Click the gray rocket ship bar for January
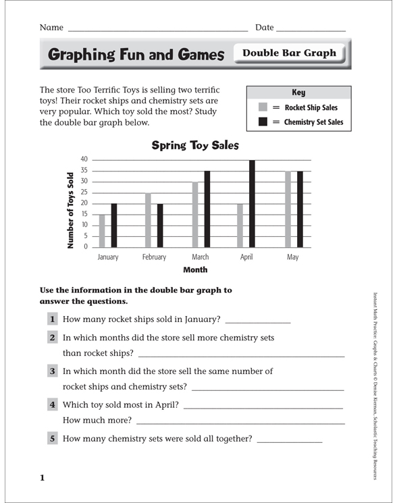102,231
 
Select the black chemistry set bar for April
252,204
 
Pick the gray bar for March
195,215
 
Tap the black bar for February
159,226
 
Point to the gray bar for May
288,209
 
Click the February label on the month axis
154,257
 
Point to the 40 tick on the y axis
84,159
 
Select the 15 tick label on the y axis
84,214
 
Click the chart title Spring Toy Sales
194,144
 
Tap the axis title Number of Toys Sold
70,210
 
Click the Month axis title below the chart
195,269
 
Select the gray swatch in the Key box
263,107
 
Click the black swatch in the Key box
263,122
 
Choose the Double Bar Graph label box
289,53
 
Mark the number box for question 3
52,371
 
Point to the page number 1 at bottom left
42,478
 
